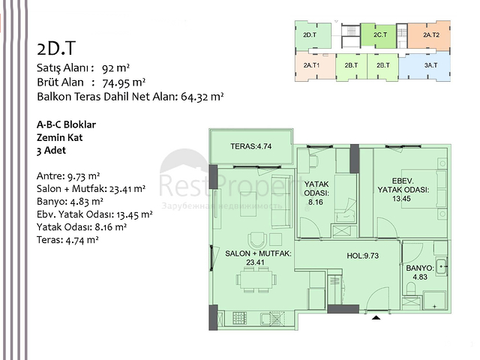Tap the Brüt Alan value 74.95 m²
(x=124, y=82)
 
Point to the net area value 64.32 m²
(x=202, y=97)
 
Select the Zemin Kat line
(x=57, y=136)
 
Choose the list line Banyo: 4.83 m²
(x=69, y=202)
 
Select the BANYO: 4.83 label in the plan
(x=418, y=271)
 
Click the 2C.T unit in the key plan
(x=379, y=35)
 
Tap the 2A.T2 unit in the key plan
(x=430, y=35)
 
